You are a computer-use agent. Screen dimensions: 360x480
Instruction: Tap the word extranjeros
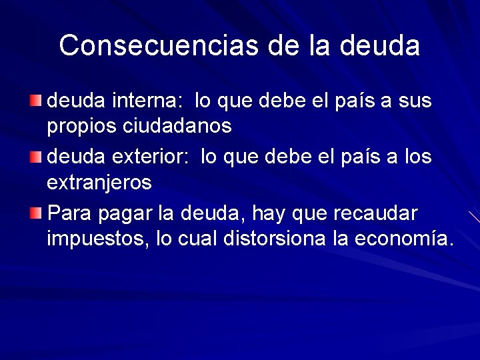click(x=99, y=181)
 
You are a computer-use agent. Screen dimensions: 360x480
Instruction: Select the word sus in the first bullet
click(x=415, y=101)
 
